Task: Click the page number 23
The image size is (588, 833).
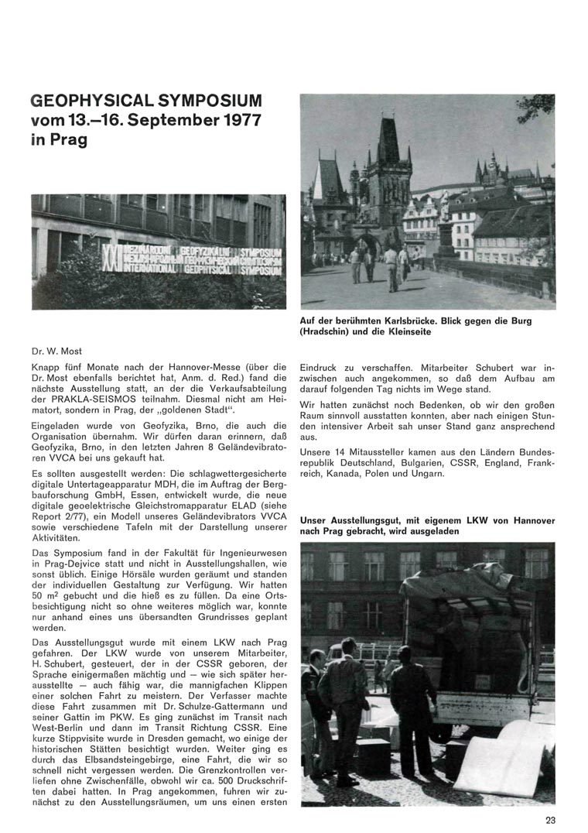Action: point(549,821)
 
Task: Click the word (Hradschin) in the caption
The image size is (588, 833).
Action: point(326,331)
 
